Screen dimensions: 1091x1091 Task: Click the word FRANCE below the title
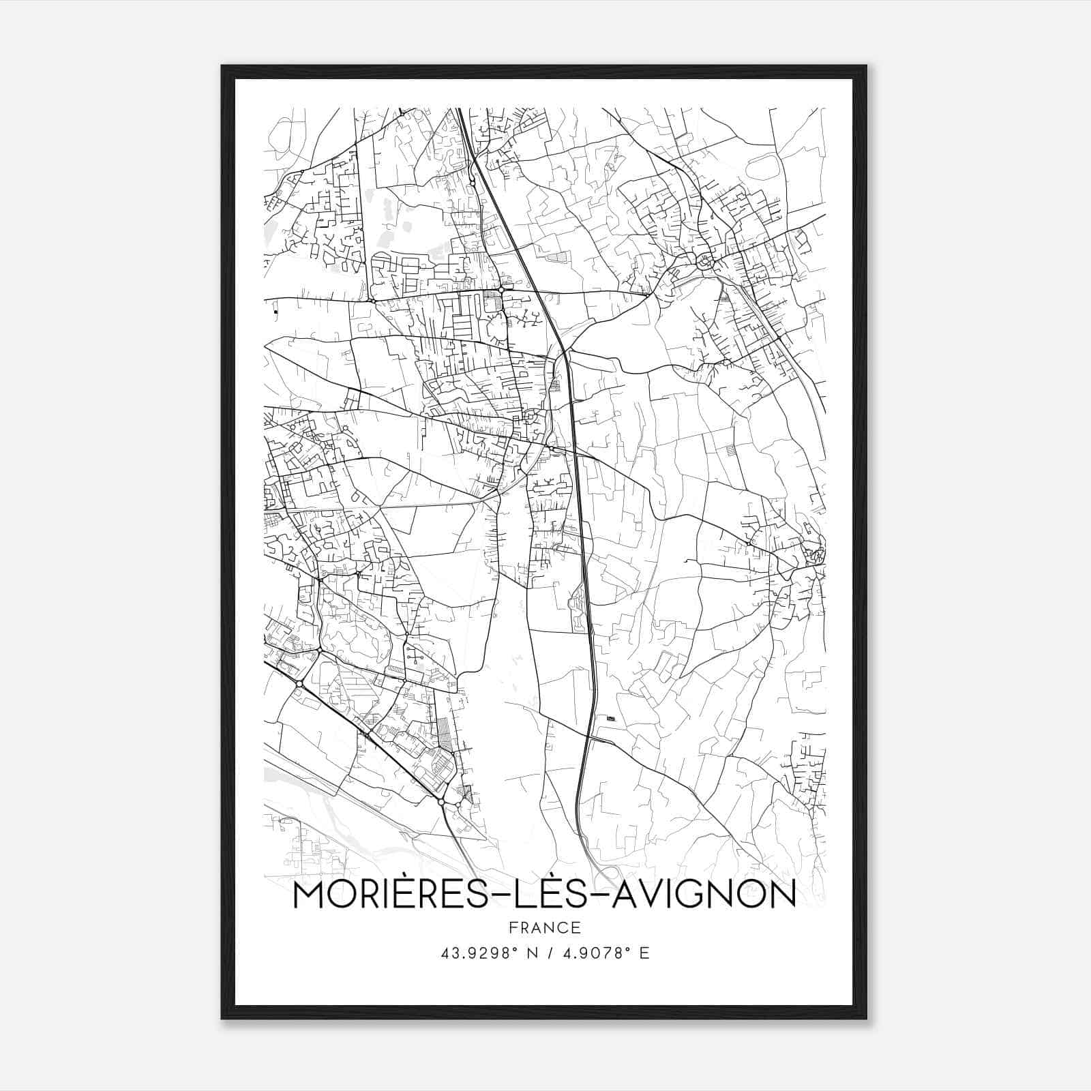tap(544, 928)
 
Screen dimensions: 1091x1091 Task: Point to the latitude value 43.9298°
tap(476, 953)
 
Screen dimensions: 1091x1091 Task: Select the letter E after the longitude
tap(644, 953)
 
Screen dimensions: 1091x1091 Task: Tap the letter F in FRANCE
tap(512, 928)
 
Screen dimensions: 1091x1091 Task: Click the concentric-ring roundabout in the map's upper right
tap(704, 260)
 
